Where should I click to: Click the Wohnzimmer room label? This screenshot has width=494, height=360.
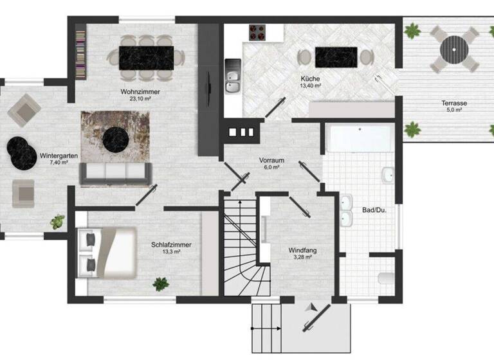click(x=140, y=92)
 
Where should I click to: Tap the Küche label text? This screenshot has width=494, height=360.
click(x=309, y=78)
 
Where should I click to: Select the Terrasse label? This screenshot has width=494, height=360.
click(x=453, y=103)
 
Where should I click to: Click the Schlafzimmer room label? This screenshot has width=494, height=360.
click(x=171, y=244)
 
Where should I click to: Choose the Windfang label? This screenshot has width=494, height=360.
click(x=302, y=249)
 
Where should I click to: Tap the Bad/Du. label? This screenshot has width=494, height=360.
click(x=374, y=210)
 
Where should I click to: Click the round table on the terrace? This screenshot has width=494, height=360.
click(x=453, y=48)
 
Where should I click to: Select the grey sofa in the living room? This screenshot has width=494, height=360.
click(x=114, y=172)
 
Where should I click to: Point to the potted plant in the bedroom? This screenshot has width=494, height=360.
click(x=160, y=283)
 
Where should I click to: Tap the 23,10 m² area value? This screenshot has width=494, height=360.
click(x=140, y=100)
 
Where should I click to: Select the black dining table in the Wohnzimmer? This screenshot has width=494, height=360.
click(x=147, y=57)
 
